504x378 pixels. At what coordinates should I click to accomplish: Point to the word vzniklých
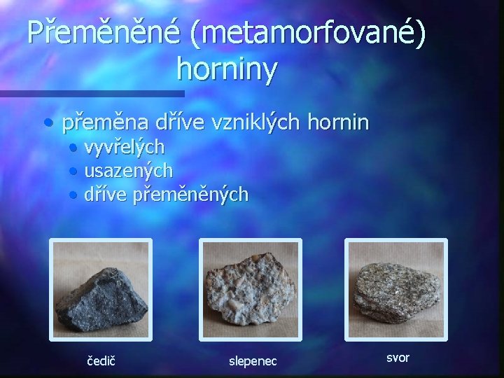pyautogui.click(x=239, y=123)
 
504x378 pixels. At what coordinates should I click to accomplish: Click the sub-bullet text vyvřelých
pyautogui.click(x=125, y=148)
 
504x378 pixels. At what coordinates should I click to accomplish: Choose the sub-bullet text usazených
pyautogui.click(x=128, y=170)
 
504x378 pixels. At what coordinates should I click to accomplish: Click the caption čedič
pyautogui.click(x=102, y=361)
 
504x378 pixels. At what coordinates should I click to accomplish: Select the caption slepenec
pyautogui.click(x=253, y=361)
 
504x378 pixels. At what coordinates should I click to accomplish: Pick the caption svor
pyautogui.click(x=398, y=358)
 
